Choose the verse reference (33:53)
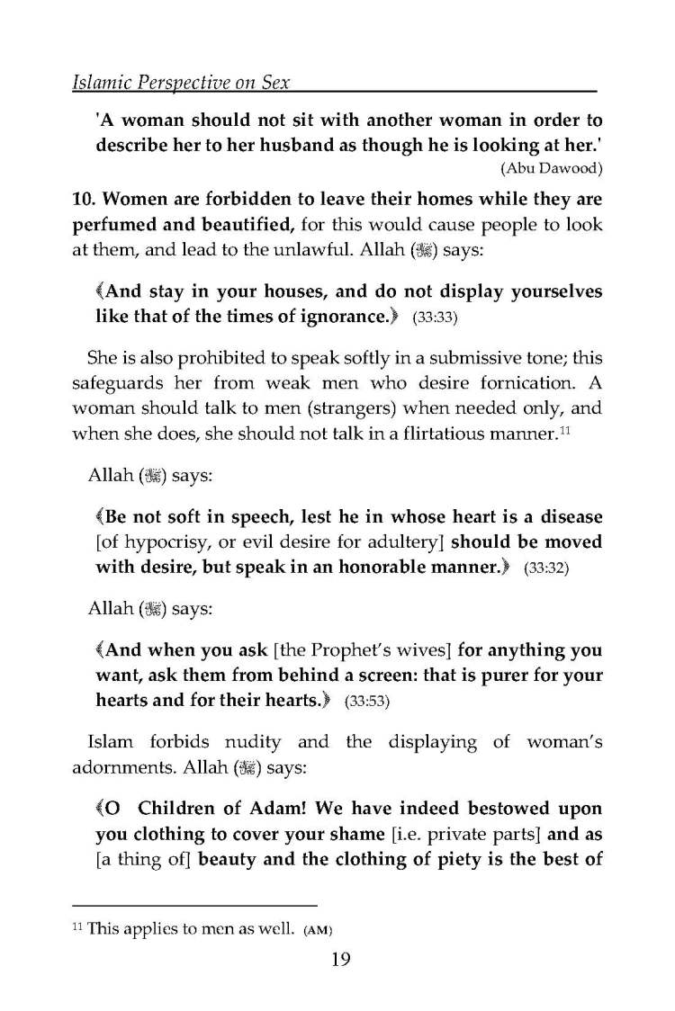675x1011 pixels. click(365, 702)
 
